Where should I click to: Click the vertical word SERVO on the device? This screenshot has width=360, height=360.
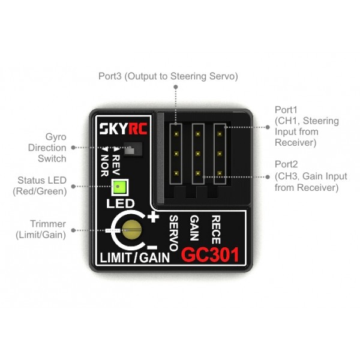tap(173, 230)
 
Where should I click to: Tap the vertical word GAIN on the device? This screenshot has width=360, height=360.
tap(194, 227)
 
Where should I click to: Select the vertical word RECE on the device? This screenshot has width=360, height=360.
tap(216, 228)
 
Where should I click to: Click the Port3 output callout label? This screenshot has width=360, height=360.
tap(169, 77)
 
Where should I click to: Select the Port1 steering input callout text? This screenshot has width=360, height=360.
tap(307, 127)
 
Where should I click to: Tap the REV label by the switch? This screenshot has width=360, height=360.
tap(116, 160)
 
